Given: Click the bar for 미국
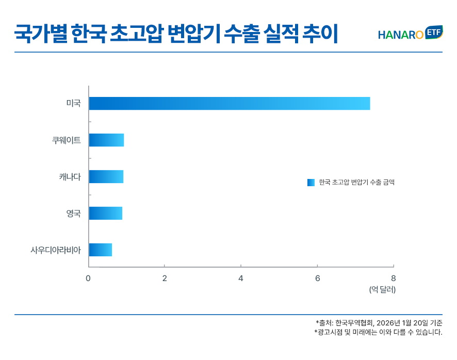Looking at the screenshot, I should click(x=229, y=103).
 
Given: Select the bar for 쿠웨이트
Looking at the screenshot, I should click(x=106, y=140).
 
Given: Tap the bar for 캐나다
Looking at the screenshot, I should click(x=106, y=176).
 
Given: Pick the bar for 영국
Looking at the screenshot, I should click(x=105, y=213).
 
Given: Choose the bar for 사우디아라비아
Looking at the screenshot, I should click(x=100, y=250).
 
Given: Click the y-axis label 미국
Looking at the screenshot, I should click(x=73, y=103).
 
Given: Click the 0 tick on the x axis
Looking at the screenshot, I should click(x=88, y=279).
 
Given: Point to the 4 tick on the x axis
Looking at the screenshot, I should click(x=241, y=279).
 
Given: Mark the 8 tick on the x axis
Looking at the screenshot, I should click(x=394, y=279).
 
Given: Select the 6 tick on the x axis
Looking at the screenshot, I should click(x=317, y=279).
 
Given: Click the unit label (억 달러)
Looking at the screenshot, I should click(x=382, y=290).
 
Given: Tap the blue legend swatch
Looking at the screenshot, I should click(x=311, y=182).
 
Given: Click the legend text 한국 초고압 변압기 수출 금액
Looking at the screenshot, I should click(x=356, y=182).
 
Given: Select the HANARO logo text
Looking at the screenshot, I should click(x=400, y=35).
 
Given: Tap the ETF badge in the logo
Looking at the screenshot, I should click(x=434, y=32).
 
